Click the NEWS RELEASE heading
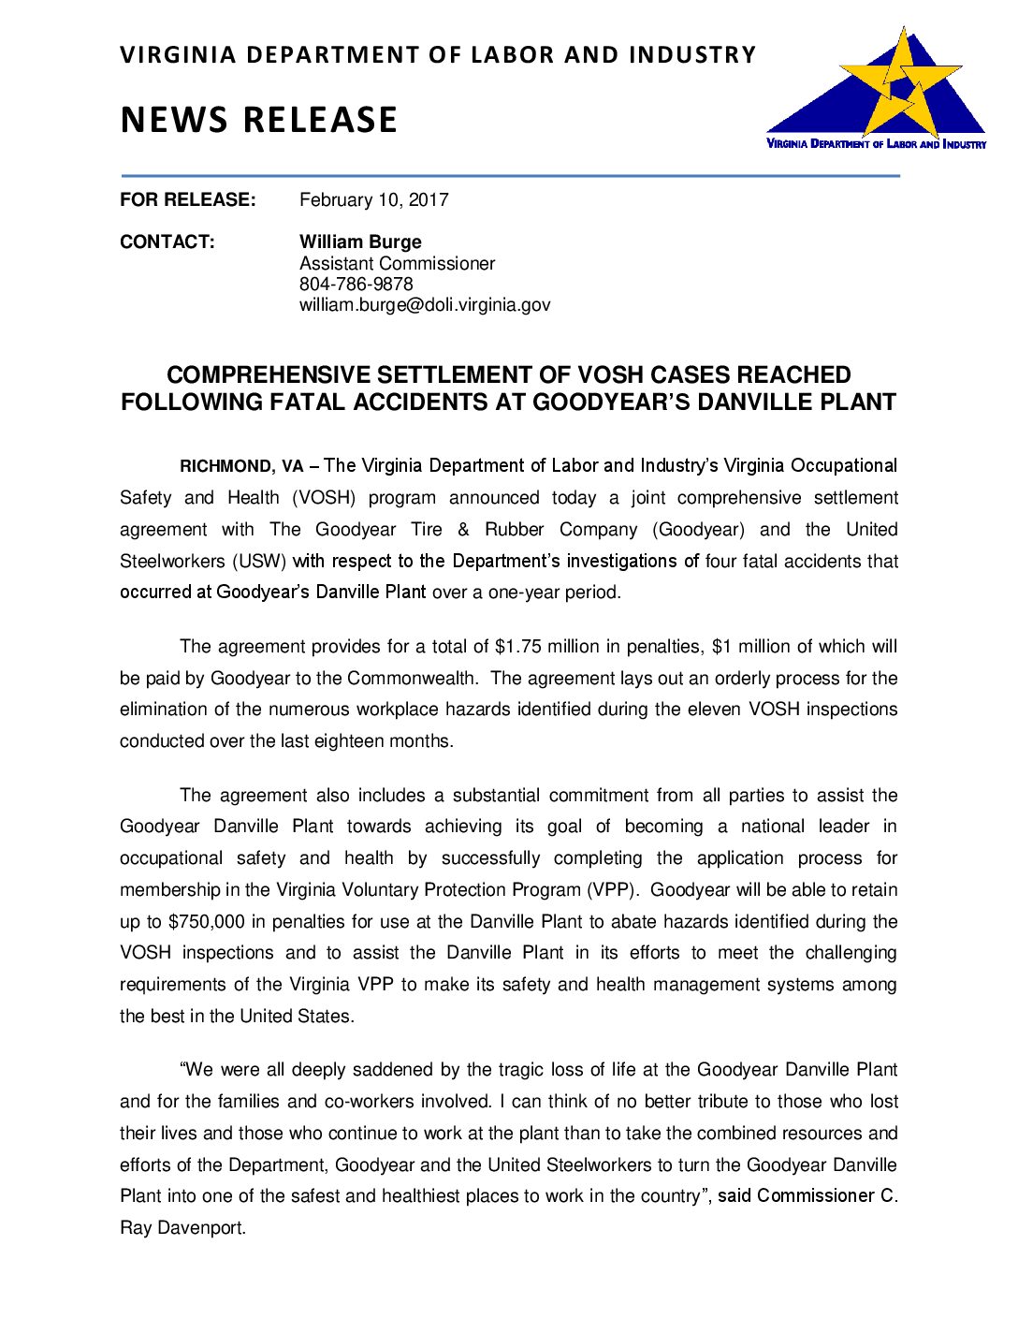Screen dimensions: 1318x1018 [259, 120]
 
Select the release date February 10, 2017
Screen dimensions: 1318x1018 [373, 199]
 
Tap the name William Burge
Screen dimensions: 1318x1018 [360, 242]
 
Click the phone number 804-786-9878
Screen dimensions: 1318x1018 [356, 284]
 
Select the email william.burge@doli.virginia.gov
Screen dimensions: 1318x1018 [425, 304]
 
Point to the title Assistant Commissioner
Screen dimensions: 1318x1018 [397, 263]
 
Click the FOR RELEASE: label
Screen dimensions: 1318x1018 [187, 199]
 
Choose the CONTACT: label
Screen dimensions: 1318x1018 [167, 242]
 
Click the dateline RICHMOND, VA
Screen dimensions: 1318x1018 [241, 466]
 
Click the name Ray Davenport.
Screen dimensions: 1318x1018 [182, 1227]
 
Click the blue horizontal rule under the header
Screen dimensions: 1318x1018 [510, 175]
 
